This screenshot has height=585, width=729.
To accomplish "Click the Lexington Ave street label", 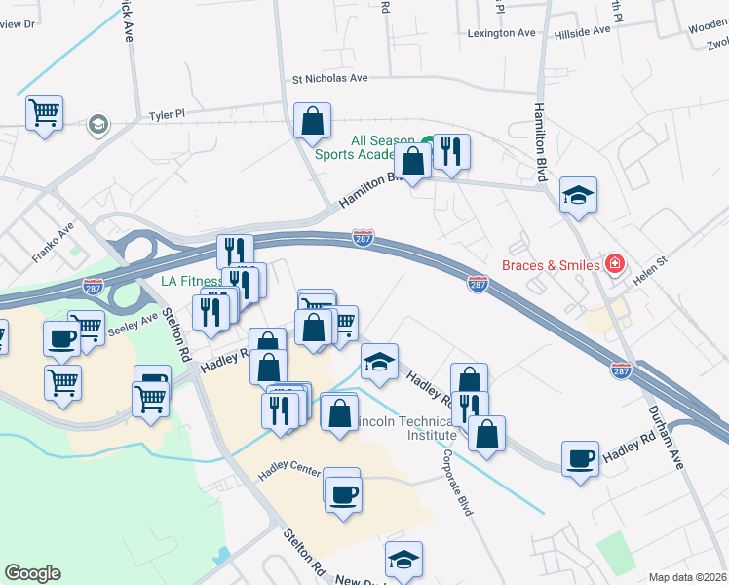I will pyautogui.click(x=502, y=32).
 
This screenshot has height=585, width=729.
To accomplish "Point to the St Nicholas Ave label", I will pyautogui.click(x=330, y=78).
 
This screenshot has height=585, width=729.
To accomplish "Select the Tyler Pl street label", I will pyautogui.click(x=167, y=115).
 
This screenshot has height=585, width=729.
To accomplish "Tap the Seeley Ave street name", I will pyautogui.click(x=134, y=322).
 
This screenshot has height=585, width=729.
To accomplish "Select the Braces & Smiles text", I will pyautogui.click(x=551, y=264).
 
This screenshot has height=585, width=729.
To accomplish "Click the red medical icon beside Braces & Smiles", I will pyautogui.click(x=614, y=263).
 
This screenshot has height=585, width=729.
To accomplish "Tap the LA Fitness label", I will pyautogui.click(x=192, y=282).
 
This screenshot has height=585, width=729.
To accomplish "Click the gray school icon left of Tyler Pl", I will pyautogui.click(x=98, y=124).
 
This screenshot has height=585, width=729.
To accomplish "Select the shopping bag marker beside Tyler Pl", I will pyautogui.click(x=312, y=123).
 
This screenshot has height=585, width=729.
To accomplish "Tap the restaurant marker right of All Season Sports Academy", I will pyautogui.click(x=450, y=152).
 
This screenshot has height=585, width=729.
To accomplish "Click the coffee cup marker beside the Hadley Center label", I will pyautogui.click(x=341, y=493).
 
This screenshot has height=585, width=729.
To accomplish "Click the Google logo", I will pyautogui.click(x=32, y=573).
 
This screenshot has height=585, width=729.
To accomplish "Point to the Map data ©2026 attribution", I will pyautogui.click(x=687, y=577).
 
